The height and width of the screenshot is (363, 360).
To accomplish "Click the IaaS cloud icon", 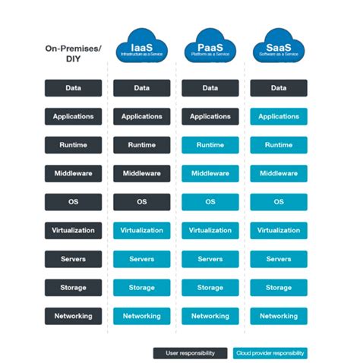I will click(x=141, y=47).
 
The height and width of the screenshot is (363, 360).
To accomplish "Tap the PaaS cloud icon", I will click(x=210, y=47).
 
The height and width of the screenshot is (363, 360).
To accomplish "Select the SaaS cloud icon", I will click(x=279, y=47).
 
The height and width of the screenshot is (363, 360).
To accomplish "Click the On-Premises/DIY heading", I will click(x=73, y=52).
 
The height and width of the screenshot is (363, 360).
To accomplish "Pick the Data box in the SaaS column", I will click(x=279, y=88).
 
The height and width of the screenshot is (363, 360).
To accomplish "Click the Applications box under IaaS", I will click(x=141, y=117).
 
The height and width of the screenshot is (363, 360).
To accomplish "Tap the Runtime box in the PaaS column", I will click(x=210, y=145).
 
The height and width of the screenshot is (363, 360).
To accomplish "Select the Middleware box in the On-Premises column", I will click(x=73, y=174).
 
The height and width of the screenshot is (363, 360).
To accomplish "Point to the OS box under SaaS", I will click(x=279, y=202).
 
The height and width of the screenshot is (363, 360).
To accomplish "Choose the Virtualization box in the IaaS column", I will click(x=141, y=230).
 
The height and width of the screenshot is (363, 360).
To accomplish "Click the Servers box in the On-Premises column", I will click(x=73, y=259).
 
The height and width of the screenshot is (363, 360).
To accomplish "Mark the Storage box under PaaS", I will click(x=210, y=288).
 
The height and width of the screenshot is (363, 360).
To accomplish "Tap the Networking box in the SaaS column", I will click(x=279, y=316).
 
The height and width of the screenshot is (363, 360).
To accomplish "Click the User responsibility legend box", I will click(x=191, y=352).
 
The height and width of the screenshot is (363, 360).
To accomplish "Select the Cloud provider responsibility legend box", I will click(x=270, y=352).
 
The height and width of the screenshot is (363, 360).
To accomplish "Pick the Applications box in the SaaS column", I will click(x=279, y=117).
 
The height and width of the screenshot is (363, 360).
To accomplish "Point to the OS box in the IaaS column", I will click(x=141, y=202).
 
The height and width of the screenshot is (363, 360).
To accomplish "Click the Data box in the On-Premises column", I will click(x=73, y=88).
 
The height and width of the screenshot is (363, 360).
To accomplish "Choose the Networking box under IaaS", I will click(x=141, y=316).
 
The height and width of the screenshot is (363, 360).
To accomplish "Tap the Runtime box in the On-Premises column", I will click(x=73, y=145).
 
